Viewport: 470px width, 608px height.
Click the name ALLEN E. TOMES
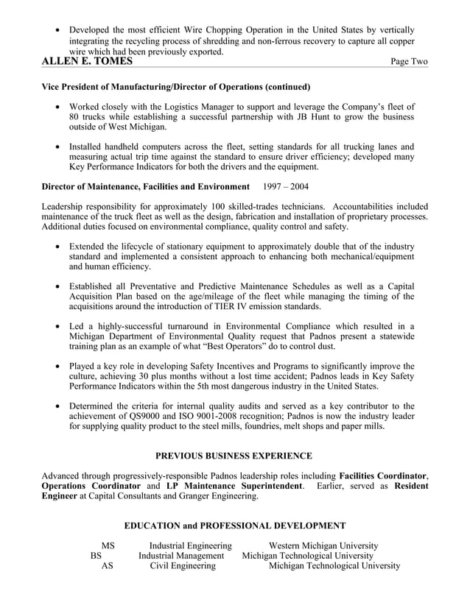[x=88, y=62]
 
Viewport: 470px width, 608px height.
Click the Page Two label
[x=408, y=63]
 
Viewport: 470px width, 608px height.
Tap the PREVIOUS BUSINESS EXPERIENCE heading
[x=234, y=456]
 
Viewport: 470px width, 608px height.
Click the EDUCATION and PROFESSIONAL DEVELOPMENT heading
[x=234, y=526]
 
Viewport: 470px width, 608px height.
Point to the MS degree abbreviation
[x=108, y=545]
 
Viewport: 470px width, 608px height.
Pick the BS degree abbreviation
[x=96, y=556]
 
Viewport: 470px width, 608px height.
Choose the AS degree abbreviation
[x=108, y=566]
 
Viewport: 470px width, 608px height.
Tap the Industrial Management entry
[x=181, y=556]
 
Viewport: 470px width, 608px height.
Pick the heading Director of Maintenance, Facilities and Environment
[x=146, y=186]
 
